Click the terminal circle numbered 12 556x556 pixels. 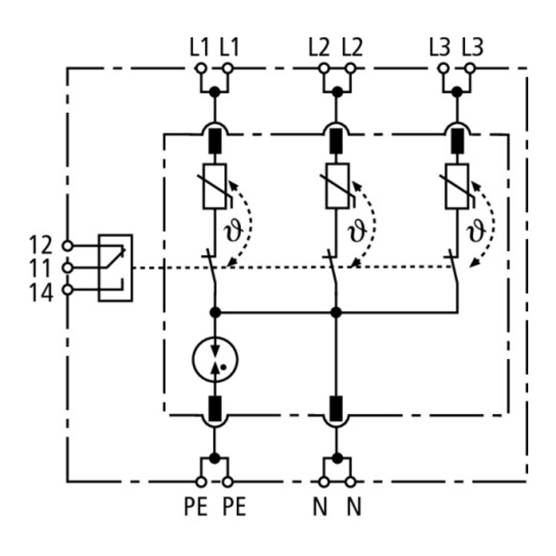pyautogui.click(x=67, y=246)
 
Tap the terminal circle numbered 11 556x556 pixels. pyautogui.click(x=67, y=268)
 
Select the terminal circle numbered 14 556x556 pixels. pyautogui.click(x=67, y=290)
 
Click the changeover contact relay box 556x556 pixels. pyautogui.click(x=116, y=268)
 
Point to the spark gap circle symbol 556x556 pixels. pyautogui.click(x=215, y=359)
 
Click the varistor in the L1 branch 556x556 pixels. pyautogui.click(x=215, y=186)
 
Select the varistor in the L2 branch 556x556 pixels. pyautogui.click(x=337, y=186)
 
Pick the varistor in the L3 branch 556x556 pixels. pyautogui.click(x=456, y=186)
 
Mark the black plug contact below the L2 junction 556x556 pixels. pyautogui.click(x=336, y=141)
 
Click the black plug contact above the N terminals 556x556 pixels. pyautogui.click(x=336, y=409)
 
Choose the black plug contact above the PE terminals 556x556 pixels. pyautogui.click(x=214, y=409)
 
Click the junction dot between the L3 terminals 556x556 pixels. pyautogui.click(x=456, y=92)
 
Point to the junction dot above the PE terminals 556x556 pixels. pyautogui.click(x=214, y=458)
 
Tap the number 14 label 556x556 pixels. pyautogui.click(x=41, y=293)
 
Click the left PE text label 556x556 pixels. pyautogui.click(x=195, y=507)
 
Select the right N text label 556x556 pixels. pyautogui.click(x=354, y=507)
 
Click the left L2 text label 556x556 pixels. pyautogui.click(x=319, y=48)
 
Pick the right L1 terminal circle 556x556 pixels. pyautogui.click(x=228, y=68)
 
